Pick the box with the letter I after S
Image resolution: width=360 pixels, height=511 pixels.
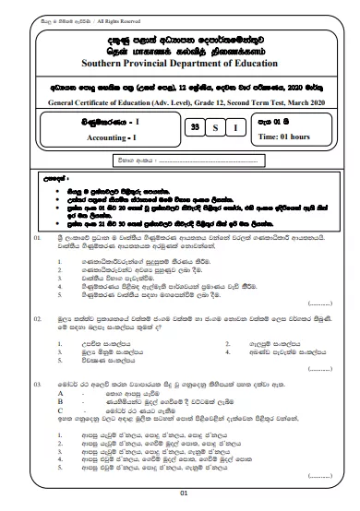(x=234, y=129)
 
